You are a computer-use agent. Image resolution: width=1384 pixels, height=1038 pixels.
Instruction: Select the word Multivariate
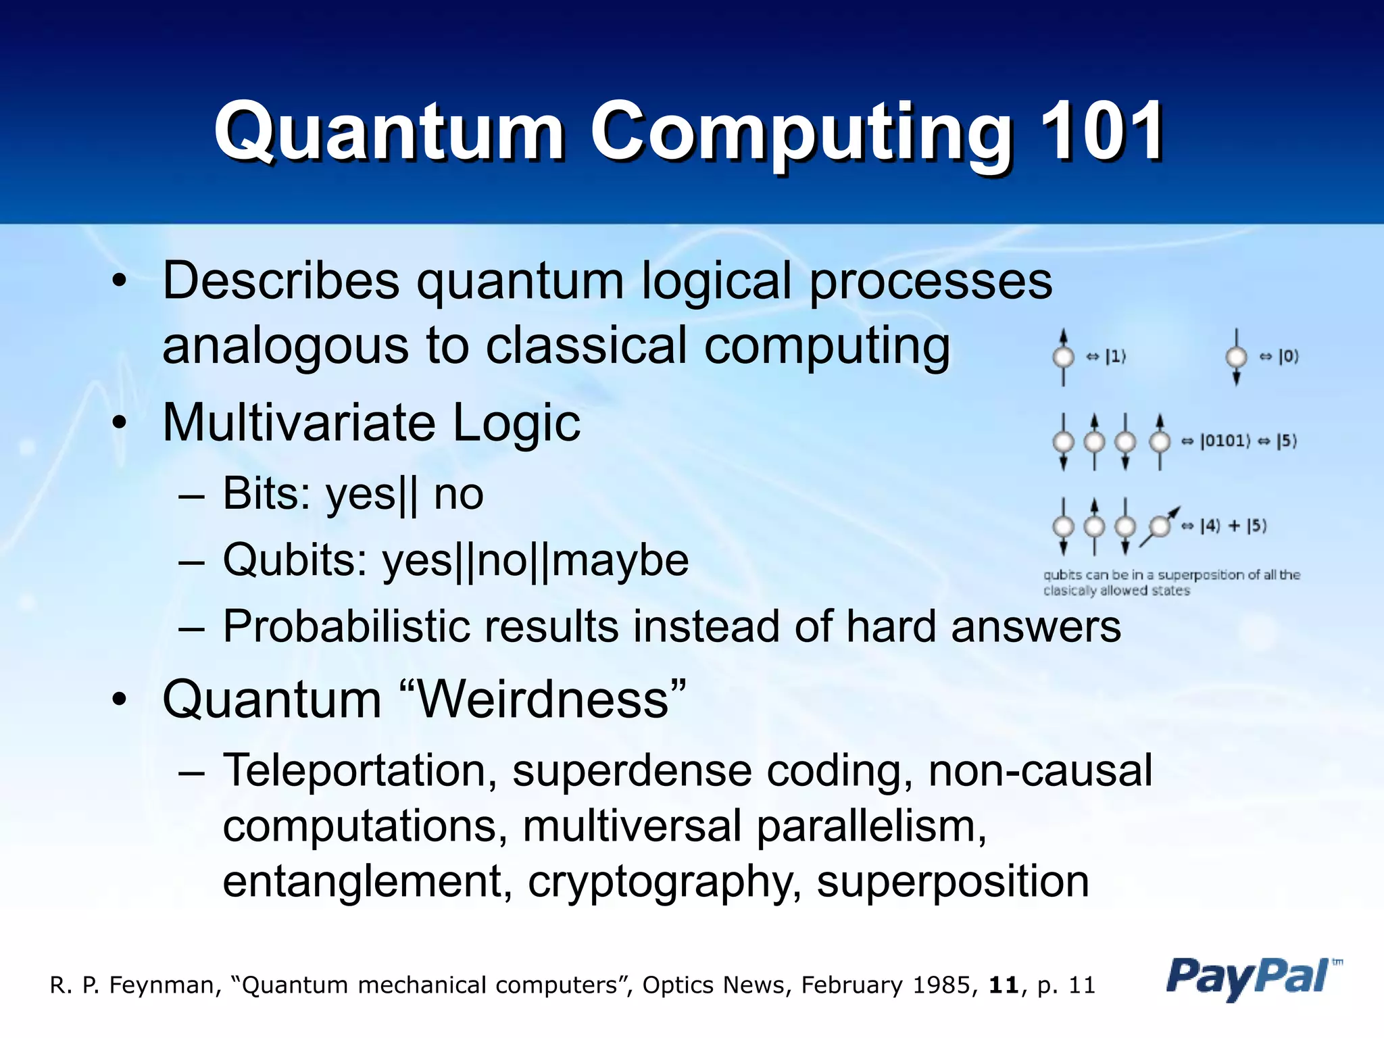point(299,423)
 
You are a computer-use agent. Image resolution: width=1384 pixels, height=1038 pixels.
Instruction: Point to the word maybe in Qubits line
point(620,560)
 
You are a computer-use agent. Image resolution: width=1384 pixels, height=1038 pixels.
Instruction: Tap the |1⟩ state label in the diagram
point(1115,356)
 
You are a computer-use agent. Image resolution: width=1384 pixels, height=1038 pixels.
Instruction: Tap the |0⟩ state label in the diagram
point(1288,356)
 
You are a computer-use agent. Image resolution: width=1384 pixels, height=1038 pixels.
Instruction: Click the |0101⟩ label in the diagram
point(1225,441)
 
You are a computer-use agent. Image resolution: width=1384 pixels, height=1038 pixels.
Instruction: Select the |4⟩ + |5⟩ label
point(1233,526)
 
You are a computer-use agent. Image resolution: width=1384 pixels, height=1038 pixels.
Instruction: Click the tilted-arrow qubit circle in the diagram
point(1160,526)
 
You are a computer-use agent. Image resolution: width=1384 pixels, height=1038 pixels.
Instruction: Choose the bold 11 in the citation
point(1004,985)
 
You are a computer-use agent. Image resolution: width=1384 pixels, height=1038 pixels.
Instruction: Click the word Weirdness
point(544,699)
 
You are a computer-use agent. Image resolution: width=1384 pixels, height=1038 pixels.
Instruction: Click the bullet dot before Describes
point(120,282)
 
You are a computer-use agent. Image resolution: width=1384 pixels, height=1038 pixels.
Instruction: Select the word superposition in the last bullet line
point(953,882)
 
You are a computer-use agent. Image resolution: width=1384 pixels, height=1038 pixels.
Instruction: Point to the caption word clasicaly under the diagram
point(1070,591)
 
